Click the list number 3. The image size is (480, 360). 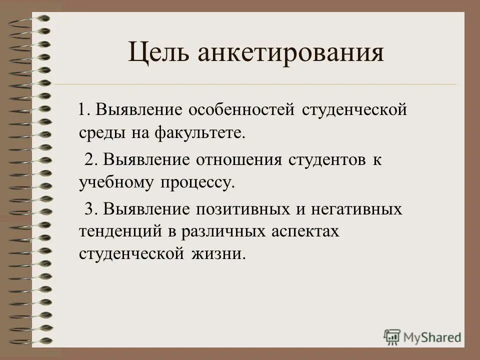[89, 208]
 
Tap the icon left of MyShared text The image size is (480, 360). [392, 337]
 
